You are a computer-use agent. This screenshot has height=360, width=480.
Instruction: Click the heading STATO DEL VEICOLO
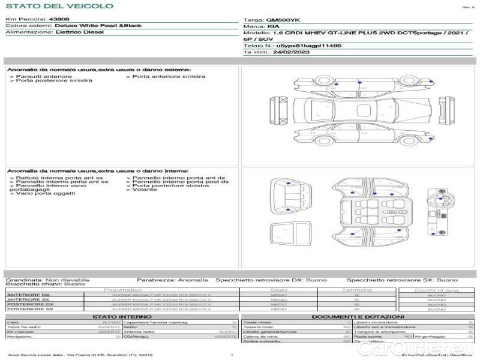pyautogui.click(x=59, y=6)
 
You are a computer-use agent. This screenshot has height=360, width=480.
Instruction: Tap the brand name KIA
pyautogui.click(x=272, y=27)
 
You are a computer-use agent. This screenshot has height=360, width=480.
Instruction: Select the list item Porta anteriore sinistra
pyautogui.click(x=169, y=76)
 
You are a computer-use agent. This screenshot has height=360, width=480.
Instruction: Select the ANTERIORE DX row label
pyautogui.click(x=28, y=295)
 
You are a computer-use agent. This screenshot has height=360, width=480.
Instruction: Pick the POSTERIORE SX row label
pyautogui.click(x=29, y=309)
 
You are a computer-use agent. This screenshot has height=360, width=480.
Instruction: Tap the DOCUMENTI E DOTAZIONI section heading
pyautogui.click(x=358, y=316)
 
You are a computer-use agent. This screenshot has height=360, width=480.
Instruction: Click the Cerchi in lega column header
pyautogui.click(x=436, y=290)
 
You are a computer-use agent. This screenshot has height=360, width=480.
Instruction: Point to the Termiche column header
pyautogui.click(x=356, y=290)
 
